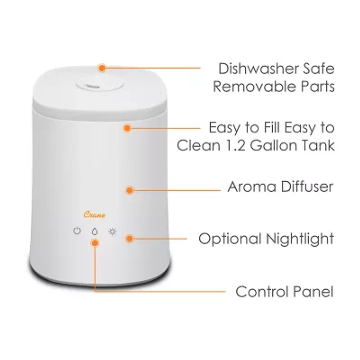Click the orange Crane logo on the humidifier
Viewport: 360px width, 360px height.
pos(94,215)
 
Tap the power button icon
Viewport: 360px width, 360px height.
pos(77,230)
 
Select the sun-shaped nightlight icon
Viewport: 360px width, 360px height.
pos(112,232)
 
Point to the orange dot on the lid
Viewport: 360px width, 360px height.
pos(102,68)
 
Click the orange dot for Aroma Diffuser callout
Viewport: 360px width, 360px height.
pos(130,190)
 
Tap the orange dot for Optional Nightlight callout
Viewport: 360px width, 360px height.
pos(130,238)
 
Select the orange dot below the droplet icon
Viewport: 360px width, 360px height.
pos(95,243)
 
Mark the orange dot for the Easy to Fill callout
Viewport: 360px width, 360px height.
pos(127,128)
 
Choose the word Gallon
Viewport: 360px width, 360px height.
pos(277,145)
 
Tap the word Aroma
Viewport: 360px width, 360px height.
pos(252,187)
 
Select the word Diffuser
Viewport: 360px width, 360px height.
pos(307,186)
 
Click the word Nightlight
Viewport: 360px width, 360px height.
pos(300,239)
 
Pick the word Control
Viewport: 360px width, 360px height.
pos(262,292)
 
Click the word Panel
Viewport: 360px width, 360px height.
pos(313,292)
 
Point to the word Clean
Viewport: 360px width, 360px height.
pos(198,145)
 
